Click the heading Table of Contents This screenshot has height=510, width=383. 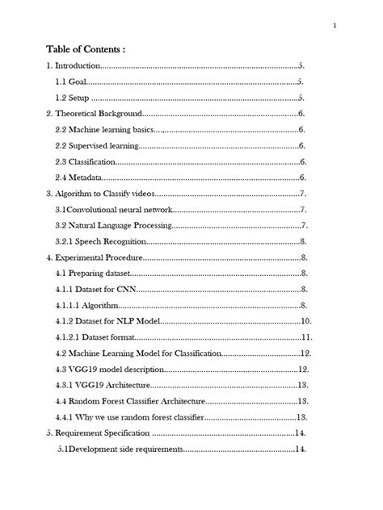coord(85,49)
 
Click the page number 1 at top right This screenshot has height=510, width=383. coord(333,25)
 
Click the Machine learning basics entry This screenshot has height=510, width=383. coord(103,130)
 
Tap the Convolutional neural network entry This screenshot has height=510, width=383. coord(113,210)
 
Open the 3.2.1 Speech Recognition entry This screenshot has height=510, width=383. coord(101,241)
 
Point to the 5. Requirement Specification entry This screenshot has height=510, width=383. coord(103,433)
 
